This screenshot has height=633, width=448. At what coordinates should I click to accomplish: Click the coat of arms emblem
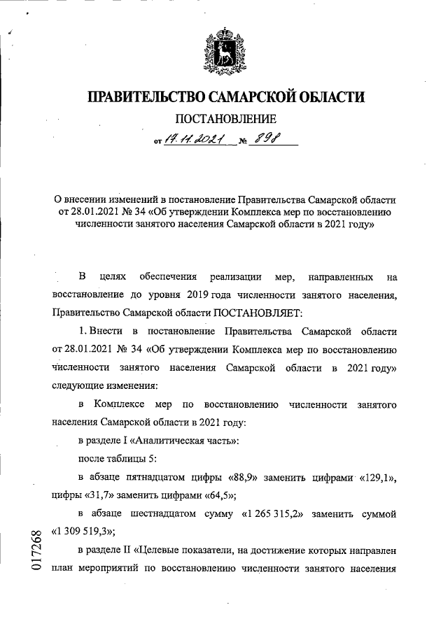pos(224,52)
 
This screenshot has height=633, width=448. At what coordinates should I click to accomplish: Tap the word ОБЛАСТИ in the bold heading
pos(325,97)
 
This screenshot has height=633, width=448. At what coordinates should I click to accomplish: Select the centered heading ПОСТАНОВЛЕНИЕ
pos(225,120)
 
